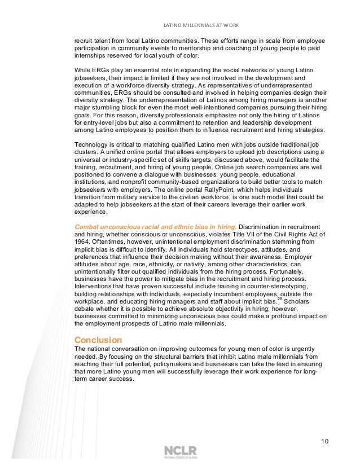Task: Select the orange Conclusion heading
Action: pos(98,340)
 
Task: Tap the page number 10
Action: pos(324,441)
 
